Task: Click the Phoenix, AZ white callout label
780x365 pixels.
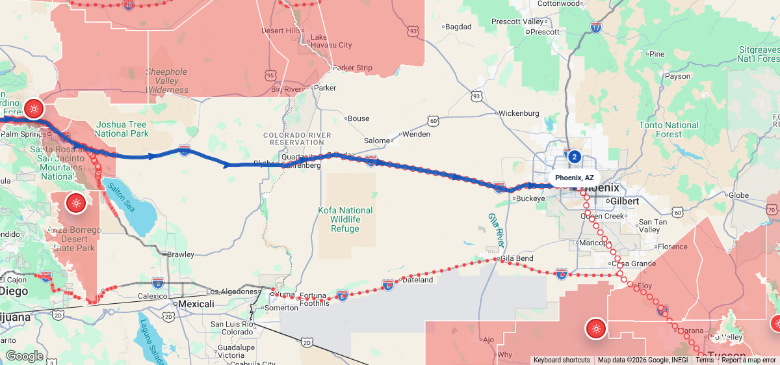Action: coord(574,178)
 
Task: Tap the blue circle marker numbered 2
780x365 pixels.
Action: coord(574,156)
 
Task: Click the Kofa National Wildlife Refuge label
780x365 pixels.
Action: coord(345,219)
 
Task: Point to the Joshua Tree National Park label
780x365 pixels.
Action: coord(122,129)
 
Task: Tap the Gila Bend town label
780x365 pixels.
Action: coord(517,259)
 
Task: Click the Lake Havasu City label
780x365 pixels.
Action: coord(331,41)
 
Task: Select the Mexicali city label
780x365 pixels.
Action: coord(196,304)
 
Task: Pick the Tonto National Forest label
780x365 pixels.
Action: coord(669,129)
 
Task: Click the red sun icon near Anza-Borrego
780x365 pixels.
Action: coord(76,203)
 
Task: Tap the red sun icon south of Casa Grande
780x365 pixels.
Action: coord(595,329)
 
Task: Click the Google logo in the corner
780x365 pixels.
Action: coord(24,356)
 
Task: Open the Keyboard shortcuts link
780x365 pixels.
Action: coord(562,360)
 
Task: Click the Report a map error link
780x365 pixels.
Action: coord(749,360)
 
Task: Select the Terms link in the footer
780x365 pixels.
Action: coord(705,360)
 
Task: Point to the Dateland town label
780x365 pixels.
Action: coord(417,280)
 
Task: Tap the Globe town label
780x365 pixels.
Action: coord(738,195)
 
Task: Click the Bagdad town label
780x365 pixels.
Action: coord(459,27)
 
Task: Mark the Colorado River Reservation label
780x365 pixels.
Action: coord(292,138)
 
